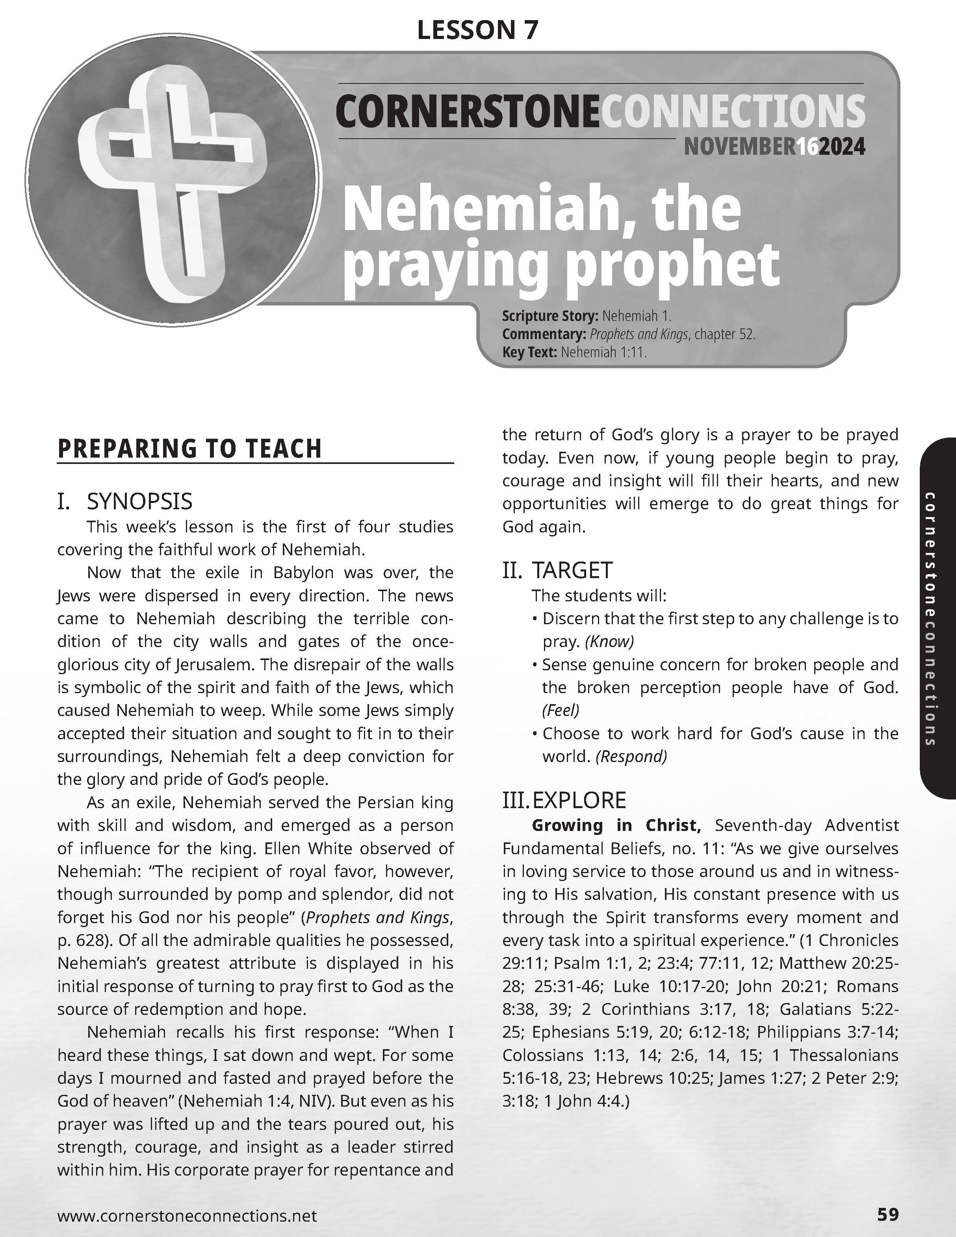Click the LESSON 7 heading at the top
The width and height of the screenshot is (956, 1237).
(x=477, y=30)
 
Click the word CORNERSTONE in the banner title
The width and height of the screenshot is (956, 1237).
(x=467, y=111)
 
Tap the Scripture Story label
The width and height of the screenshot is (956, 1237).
(x=549, y=316)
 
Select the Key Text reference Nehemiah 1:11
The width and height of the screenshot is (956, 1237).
(x=603, y=352)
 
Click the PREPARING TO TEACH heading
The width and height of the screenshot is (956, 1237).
(x=190, y=449)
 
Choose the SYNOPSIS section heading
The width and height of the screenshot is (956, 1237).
(x=139, y=501)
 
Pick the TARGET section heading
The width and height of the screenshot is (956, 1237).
(x=572, y=570)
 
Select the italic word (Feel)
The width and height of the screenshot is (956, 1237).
(x=561, y=710)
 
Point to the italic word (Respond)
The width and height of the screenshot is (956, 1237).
(x=631, y=757)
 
